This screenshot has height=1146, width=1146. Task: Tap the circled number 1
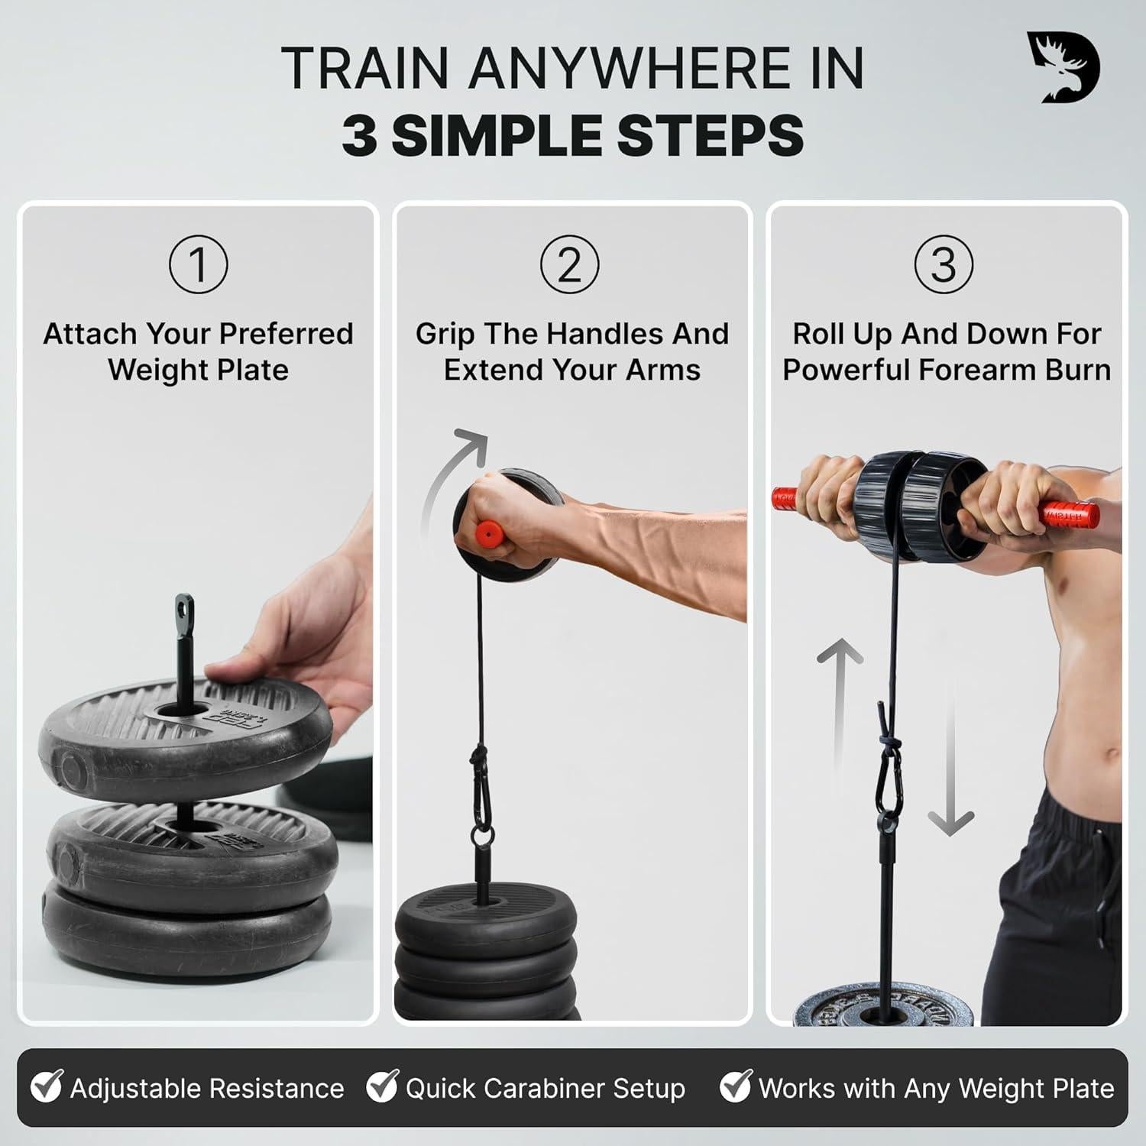pyautogui.click(x=198, y=264)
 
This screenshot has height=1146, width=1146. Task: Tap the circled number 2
pyautogui.click(x=569, y=264)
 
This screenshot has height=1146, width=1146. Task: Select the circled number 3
pyautogui.click(x=944, y=264)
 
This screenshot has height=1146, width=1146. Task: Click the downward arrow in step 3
pyautogui.click(x=950, y=764)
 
